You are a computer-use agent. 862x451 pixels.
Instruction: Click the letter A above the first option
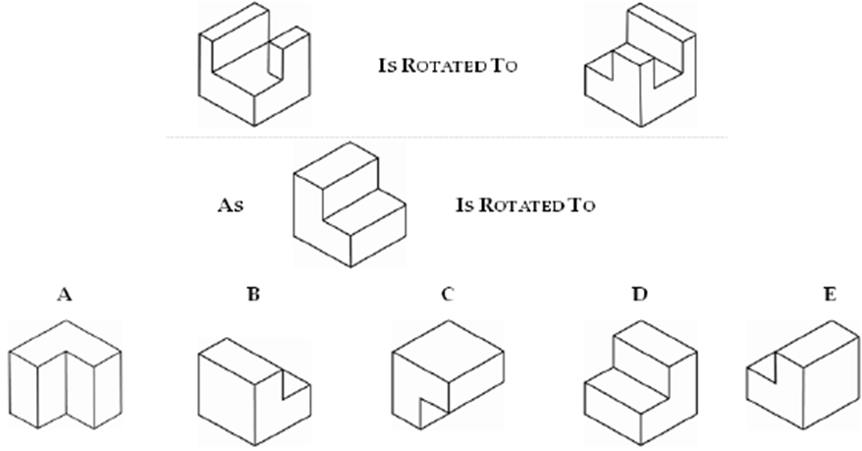(65, 293)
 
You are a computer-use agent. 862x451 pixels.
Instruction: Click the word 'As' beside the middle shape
(231, 207)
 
